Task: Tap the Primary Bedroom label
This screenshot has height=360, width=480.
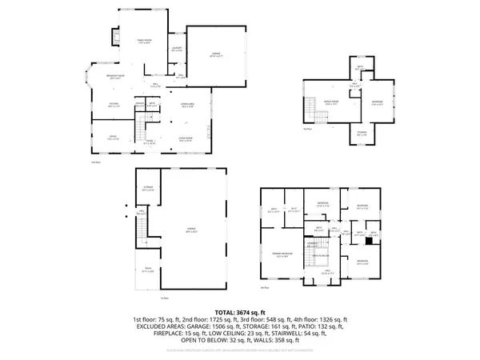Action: (x=281, y=254)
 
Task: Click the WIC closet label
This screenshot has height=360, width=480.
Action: (x=294, y=210)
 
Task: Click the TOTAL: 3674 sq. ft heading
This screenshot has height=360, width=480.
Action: (x=240, y=312)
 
